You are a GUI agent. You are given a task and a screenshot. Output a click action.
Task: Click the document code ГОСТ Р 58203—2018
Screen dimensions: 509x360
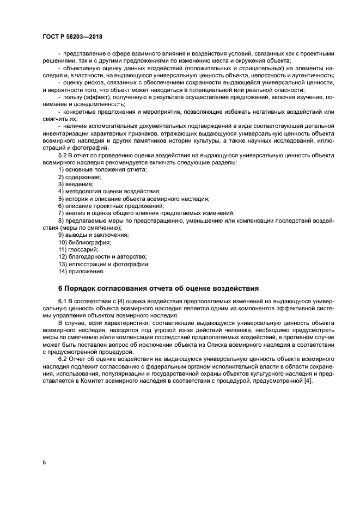click(72, 36)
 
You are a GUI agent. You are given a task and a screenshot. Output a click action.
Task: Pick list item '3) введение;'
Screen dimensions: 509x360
click(76, 185)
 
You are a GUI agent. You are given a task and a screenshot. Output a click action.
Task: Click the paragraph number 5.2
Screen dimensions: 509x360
click(63, 156)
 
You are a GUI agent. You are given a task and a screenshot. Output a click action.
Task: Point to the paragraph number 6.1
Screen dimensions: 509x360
click(63, 301)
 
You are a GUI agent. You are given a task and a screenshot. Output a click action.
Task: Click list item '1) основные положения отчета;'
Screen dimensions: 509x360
click(102, 170)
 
